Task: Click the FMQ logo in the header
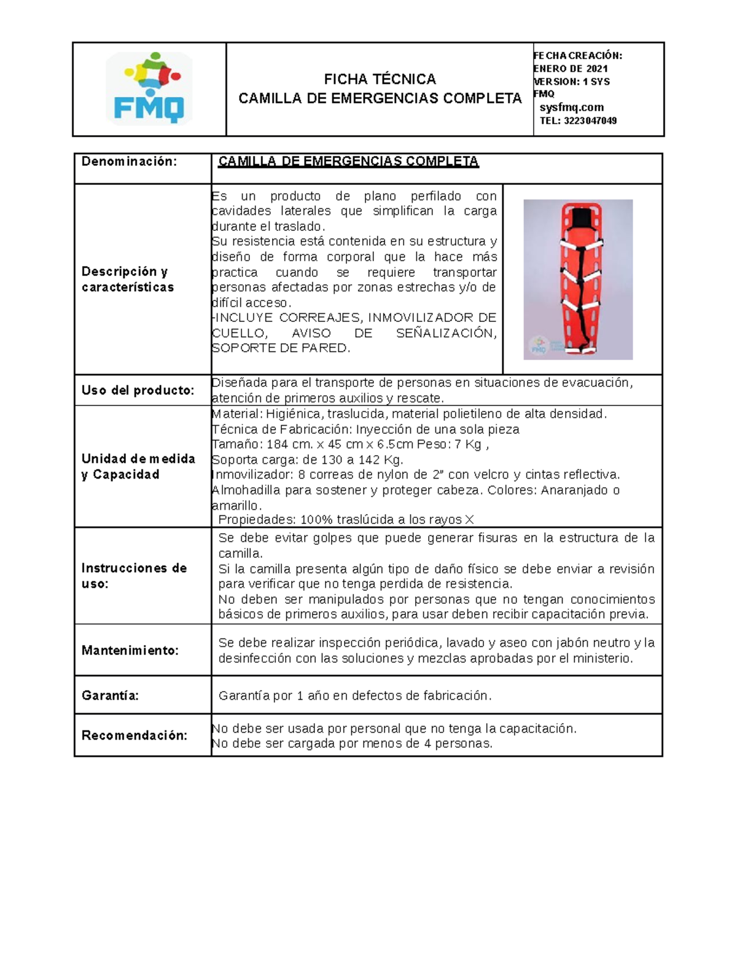[149, 88]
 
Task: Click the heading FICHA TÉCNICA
[380, 79]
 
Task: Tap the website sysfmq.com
[571, 108]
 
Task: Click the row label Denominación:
[129, 162]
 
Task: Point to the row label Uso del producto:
[138, 391]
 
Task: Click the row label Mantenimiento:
[130, 651]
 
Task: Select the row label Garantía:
[110, 695]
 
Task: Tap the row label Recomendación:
[134, 735]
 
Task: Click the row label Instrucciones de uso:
[134, 576]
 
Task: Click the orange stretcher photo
[577, 280]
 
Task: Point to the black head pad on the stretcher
[577, 219]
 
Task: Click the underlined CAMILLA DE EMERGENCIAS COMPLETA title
[348, 162]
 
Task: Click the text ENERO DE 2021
[571, 68]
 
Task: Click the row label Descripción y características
[128, 280]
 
